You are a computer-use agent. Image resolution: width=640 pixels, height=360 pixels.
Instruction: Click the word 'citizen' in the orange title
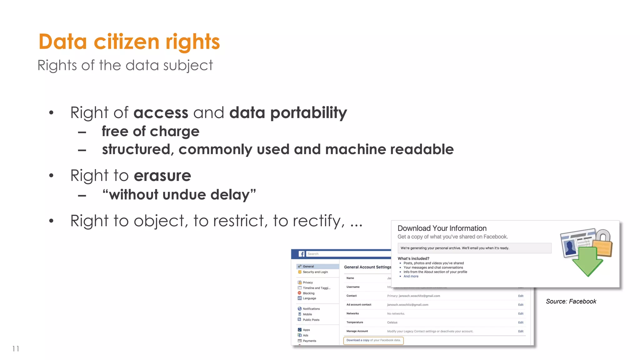[126, 42]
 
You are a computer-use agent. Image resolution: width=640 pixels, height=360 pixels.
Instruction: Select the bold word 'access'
[161, 113]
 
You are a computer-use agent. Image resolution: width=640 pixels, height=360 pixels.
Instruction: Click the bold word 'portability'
[308, 113]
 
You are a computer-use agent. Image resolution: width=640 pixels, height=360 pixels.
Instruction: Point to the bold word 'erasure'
[162, 176]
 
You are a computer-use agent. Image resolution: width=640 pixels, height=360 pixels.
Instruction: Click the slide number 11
[16, 349]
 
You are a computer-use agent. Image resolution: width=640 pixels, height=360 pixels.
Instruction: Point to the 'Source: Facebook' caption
[571, 302]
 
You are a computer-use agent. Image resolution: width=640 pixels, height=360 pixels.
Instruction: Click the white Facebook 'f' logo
[302, 254]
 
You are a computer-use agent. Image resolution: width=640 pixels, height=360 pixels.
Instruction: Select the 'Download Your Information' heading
[442, 228]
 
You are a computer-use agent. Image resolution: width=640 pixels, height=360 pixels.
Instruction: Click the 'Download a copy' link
[358, 340]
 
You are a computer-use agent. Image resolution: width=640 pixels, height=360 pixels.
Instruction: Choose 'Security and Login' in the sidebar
[315, 272]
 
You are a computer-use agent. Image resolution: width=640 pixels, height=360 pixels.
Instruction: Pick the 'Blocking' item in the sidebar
[308, 293]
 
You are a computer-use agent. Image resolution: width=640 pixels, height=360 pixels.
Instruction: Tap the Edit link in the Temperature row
[521, 322]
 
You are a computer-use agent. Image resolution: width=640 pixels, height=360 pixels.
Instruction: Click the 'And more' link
[411, 277]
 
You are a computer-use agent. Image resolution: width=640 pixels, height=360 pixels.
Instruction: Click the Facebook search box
[347, 254]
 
